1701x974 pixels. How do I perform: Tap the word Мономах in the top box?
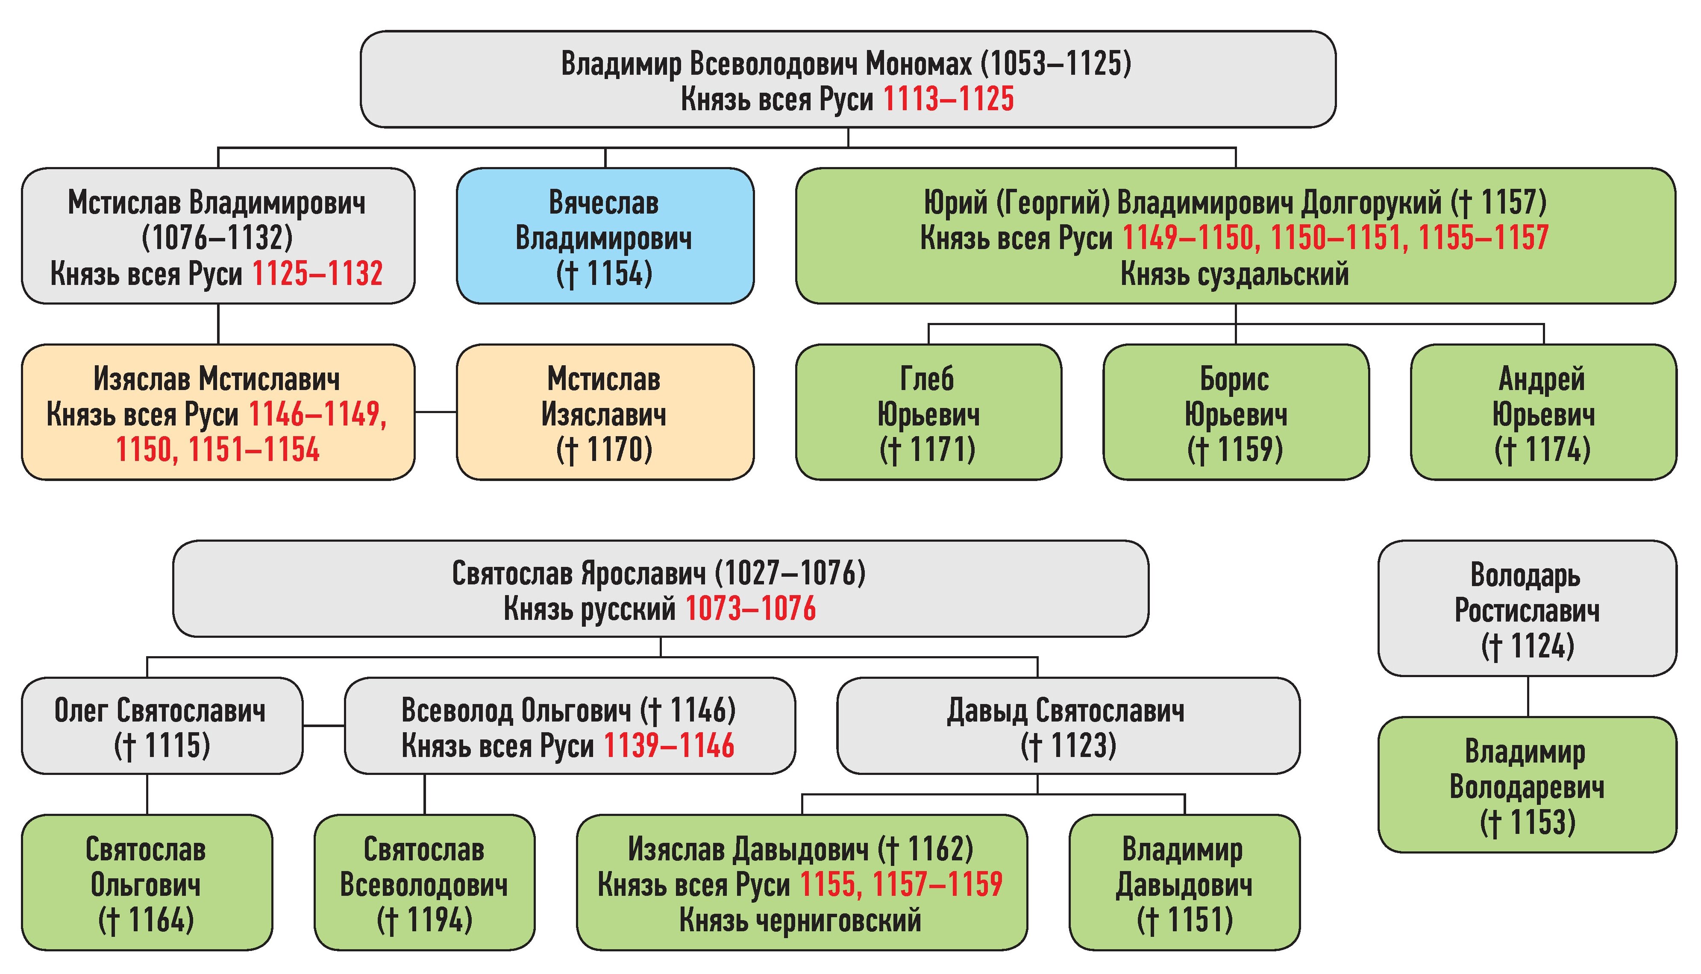click(x=918, y=64)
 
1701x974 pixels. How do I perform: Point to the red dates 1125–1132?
click(x=317, y=273)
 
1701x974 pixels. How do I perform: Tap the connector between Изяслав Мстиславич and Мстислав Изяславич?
click(x=435, y=412)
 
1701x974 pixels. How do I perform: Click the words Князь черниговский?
click(x=801, y=921)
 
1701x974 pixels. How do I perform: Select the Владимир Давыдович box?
click(x=1184, y=883)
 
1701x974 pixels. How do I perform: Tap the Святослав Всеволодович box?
click(x=424, y=883)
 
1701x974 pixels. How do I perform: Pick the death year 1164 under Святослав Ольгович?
click(x=161, y=921)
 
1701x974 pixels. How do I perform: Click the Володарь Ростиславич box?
click(x=1527, y=609)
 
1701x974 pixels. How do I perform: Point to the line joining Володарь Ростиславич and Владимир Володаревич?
click(x=1528, y=696)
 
